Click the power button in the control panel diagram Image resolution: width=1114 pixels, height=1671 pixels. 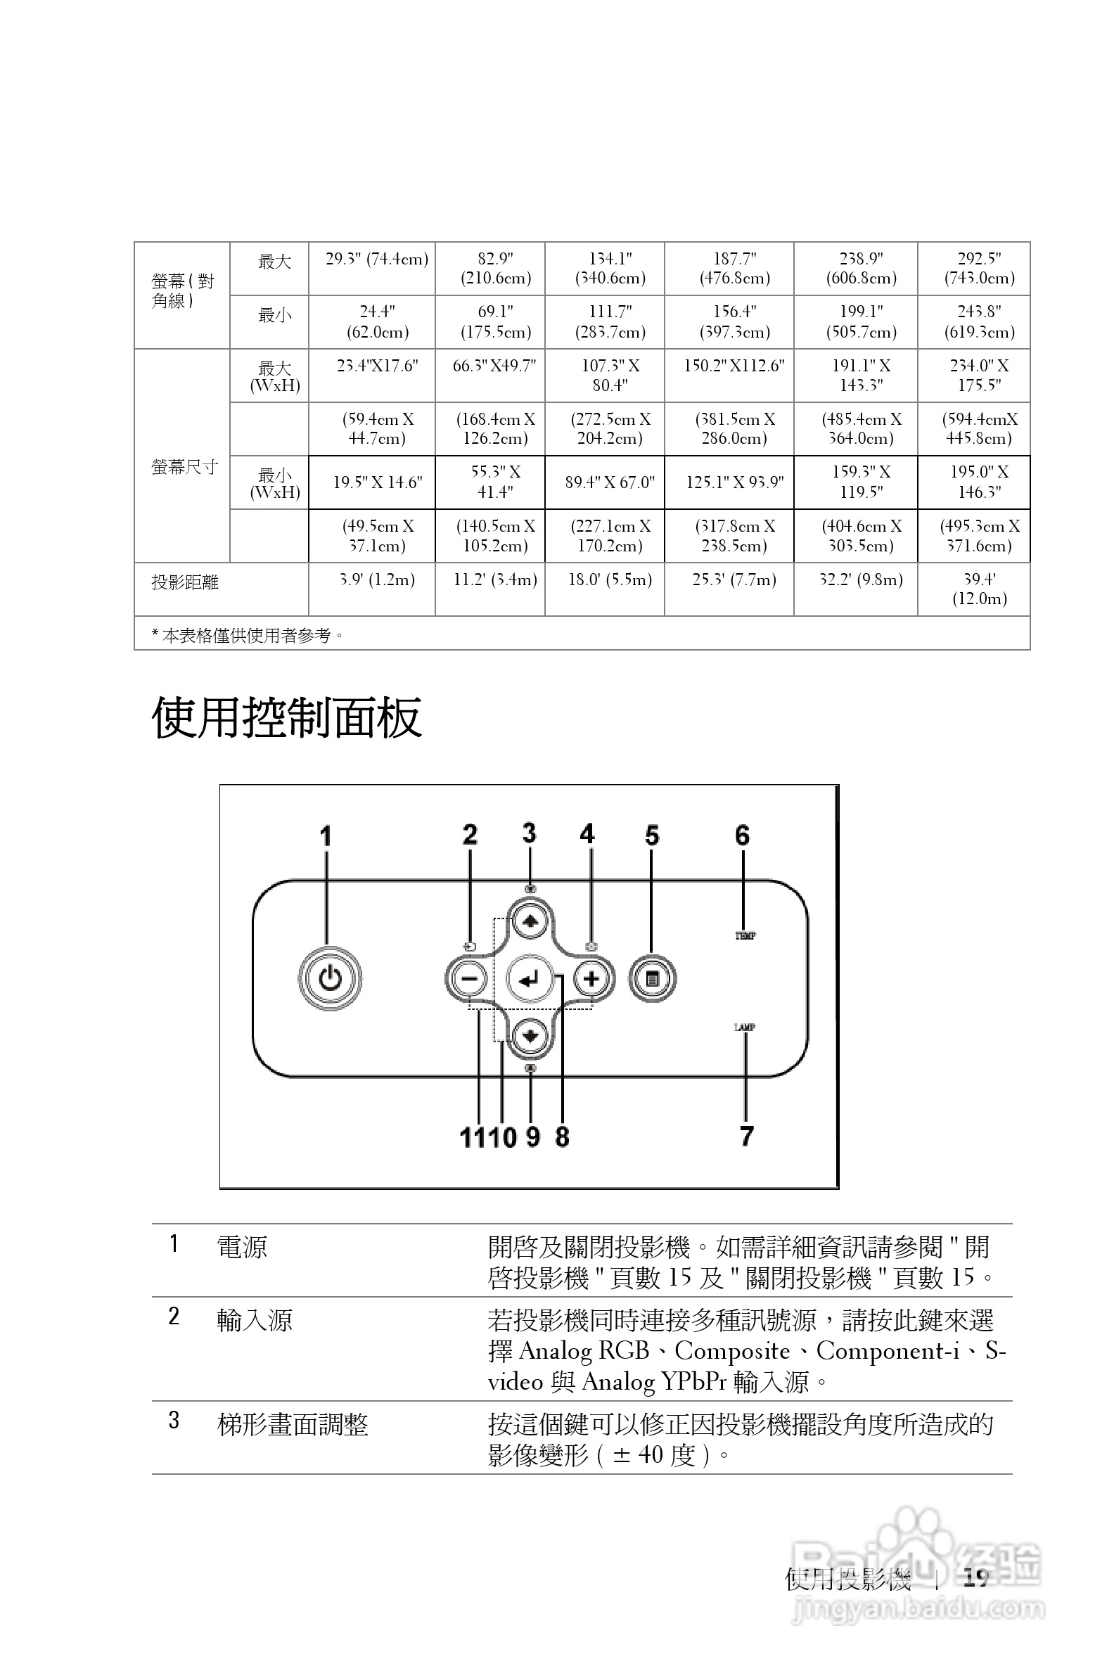point(330,979)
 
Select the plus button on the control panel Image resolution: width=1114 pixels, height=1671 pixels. point(591,980)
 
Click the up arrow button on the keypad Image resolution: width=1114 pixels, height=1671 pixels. point(530,921)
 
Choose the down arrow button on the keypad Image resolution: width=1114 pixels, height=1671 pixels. point(530,1036)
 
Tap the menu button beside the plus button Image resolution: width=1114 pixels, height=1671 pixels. point(652,980)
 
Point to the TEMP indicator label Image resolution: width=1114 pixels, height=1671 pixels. point(745,935)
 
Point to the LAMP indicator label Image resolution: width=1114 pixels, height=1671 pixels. point(745,1027)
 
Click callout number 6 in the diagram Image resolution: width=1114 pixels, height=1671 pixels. point(743,835)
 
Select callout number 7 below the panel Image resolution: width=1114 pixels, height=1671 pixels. point(746,1136)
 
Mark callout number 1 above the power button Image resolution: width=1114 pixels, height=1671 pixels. point(326,836)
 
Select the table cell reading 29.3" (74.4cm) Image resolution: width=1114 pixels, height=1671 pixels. point(376,260)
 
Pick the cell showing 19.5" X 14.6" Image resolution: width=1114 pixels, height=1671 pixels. point(377,482)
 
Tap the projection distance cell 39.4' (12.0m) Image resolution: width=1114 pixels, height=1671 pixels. point(979,589)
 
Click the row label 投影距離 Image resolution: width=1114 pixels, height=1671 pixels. point(185,582)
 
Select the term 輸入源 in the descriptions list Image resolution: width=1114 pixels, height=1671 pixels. point(255,1320)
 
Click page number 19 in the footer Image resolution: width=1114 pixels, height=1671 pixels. point(976,1578)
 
